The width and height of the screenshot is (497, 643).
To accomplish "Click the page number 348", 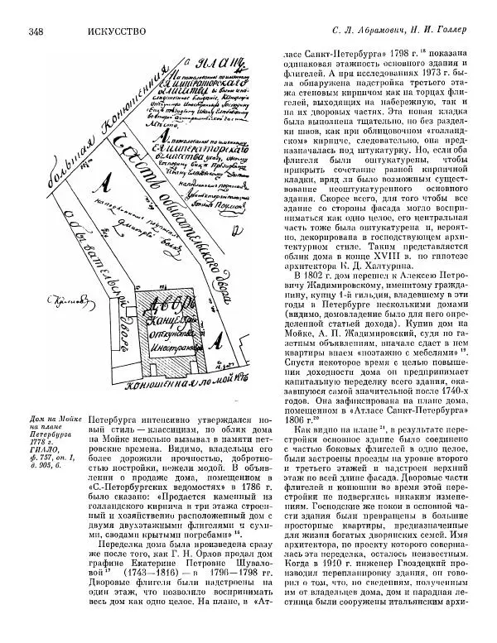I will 36,33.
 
